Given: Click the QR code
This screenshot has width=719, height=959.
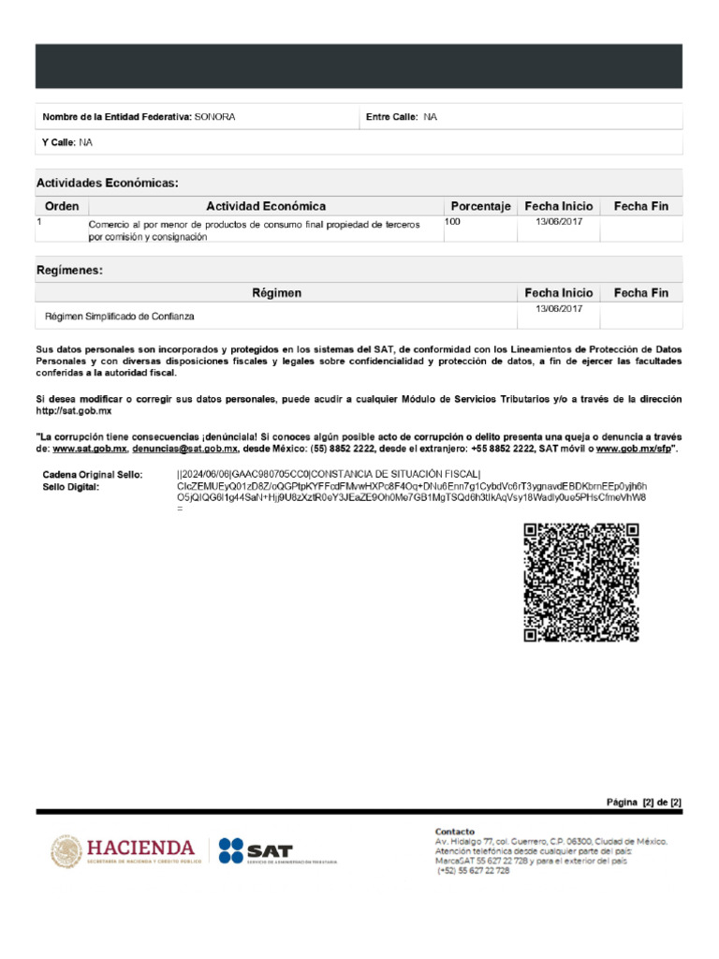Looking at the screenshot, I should [x=580, y=583].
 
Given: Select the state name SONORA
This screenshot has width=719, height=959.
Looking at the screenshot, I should [x=214, y=117].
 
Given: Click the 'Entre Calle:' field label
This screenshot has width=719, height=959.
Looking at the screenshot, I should [x=392, y=117].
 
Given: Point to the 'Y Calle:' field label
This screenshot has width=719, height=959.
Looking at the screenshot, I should [x=59, y=142].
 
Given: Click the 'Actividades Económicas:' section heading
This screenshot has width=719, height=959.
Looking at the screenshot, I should [x=107, y=183].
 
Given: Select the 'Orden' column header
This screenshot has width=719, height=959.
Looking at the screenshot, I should [x=62, y=206].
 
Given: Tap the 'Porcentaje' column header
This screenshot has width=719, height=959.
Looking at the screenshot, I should [x=480, y=206].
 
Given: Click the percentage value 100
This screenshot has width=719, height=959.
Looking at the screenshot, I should [x=453, y=222].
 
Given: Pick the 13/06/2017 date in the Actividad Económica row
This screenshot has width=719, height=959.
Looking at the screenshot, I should [x=559, y=222].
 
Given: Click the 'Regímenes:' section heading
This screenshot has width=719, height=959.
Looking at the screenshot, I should [x=69, y=270].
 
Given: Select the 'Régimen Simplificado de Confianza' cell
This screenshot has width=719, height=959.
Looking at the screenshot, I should [x=120, y=317].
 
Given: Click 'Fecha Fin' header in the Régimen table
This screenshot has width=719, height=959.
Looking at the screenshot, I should [x=640, y=293].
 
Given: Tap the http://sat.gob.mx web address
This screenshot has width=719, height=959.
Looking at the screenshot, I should [x=74, y=411].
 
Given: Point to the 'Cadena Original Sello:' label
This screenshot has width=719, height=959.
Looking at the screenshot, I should [x=93, y=475].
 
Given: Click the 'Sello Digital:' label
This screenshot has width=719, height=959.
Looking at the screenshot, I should [x=71, y=487].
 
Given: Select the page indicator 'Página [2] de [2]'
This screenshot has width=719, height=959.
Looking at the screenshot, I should [x=644, y=803].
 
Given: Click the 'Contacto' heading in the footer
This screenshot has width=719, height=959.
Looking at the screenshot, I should [x=455, y=832].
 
